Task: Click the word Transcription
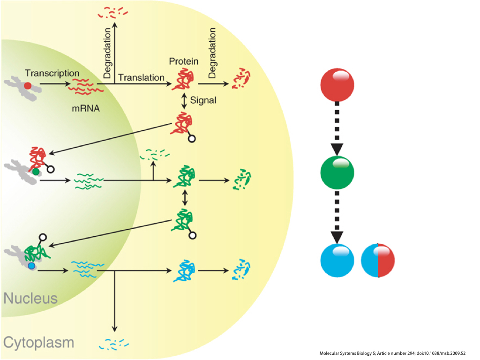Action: [x=52, y=73]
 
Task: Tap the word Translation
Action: [x=141, y=77]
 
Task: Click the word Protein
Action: [x=184, y=61]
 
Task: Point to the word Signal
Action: [x=203, y=100]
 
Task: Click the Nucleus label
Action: [x=30, y=298]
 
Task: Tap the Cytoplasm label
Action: [x=38, y=342]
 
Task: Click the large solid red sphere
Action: [x=337, y=86]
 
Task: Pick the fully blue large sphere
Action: [x=337, y=261]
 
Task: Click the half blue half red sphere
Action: [x=378, y=261]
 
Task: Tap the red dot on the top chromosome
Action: [x=28, y=86]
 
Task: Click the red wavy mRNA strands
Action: [x=86, y=85]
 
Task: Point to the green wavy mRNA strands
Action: [x=89, y=181]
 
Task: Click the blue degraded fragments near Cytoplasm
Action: [x=114, y=345]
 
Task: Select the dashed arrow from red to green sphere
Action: [x=337, y=129]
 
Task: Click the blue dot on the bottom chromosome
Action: [x=31, y=266]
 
